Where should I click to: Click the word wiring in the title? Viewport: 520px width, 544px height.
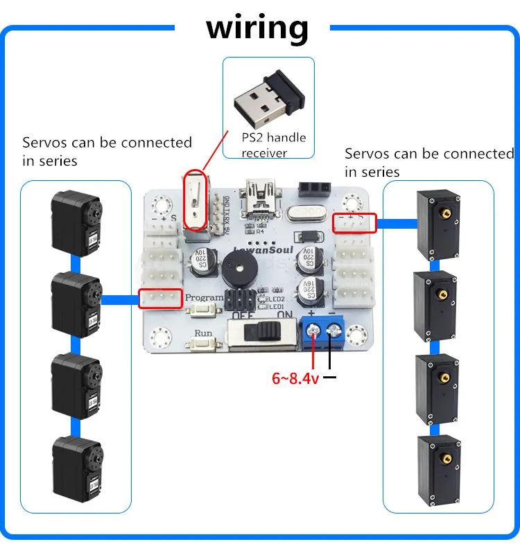(257, 28)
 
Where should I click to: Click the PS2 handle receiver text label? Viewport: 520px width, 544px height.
(274, 145)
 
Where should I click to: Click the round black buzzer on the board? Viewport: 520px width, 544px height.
(237, 267)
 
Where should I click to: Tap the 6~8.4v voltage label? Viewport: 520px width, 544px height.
(295, 378)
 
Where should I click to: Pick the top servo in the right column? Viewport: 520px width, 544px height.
(437, 223)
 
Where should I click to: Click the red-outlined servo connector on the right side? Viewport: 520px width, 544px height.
(354, 222)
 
